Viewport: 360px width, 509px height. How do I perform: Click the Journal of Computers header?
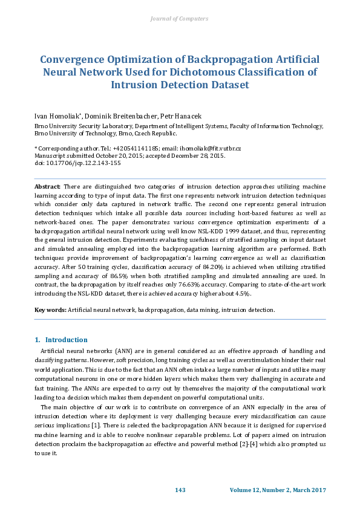click(180, 19)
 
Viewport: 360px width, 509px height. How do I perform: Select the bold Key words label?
click(50, 310)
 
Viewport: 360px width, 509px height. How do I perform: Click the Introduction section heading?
click(66, 340)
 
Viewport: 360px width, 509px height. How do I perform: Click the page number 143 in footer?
click(180, 490)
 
